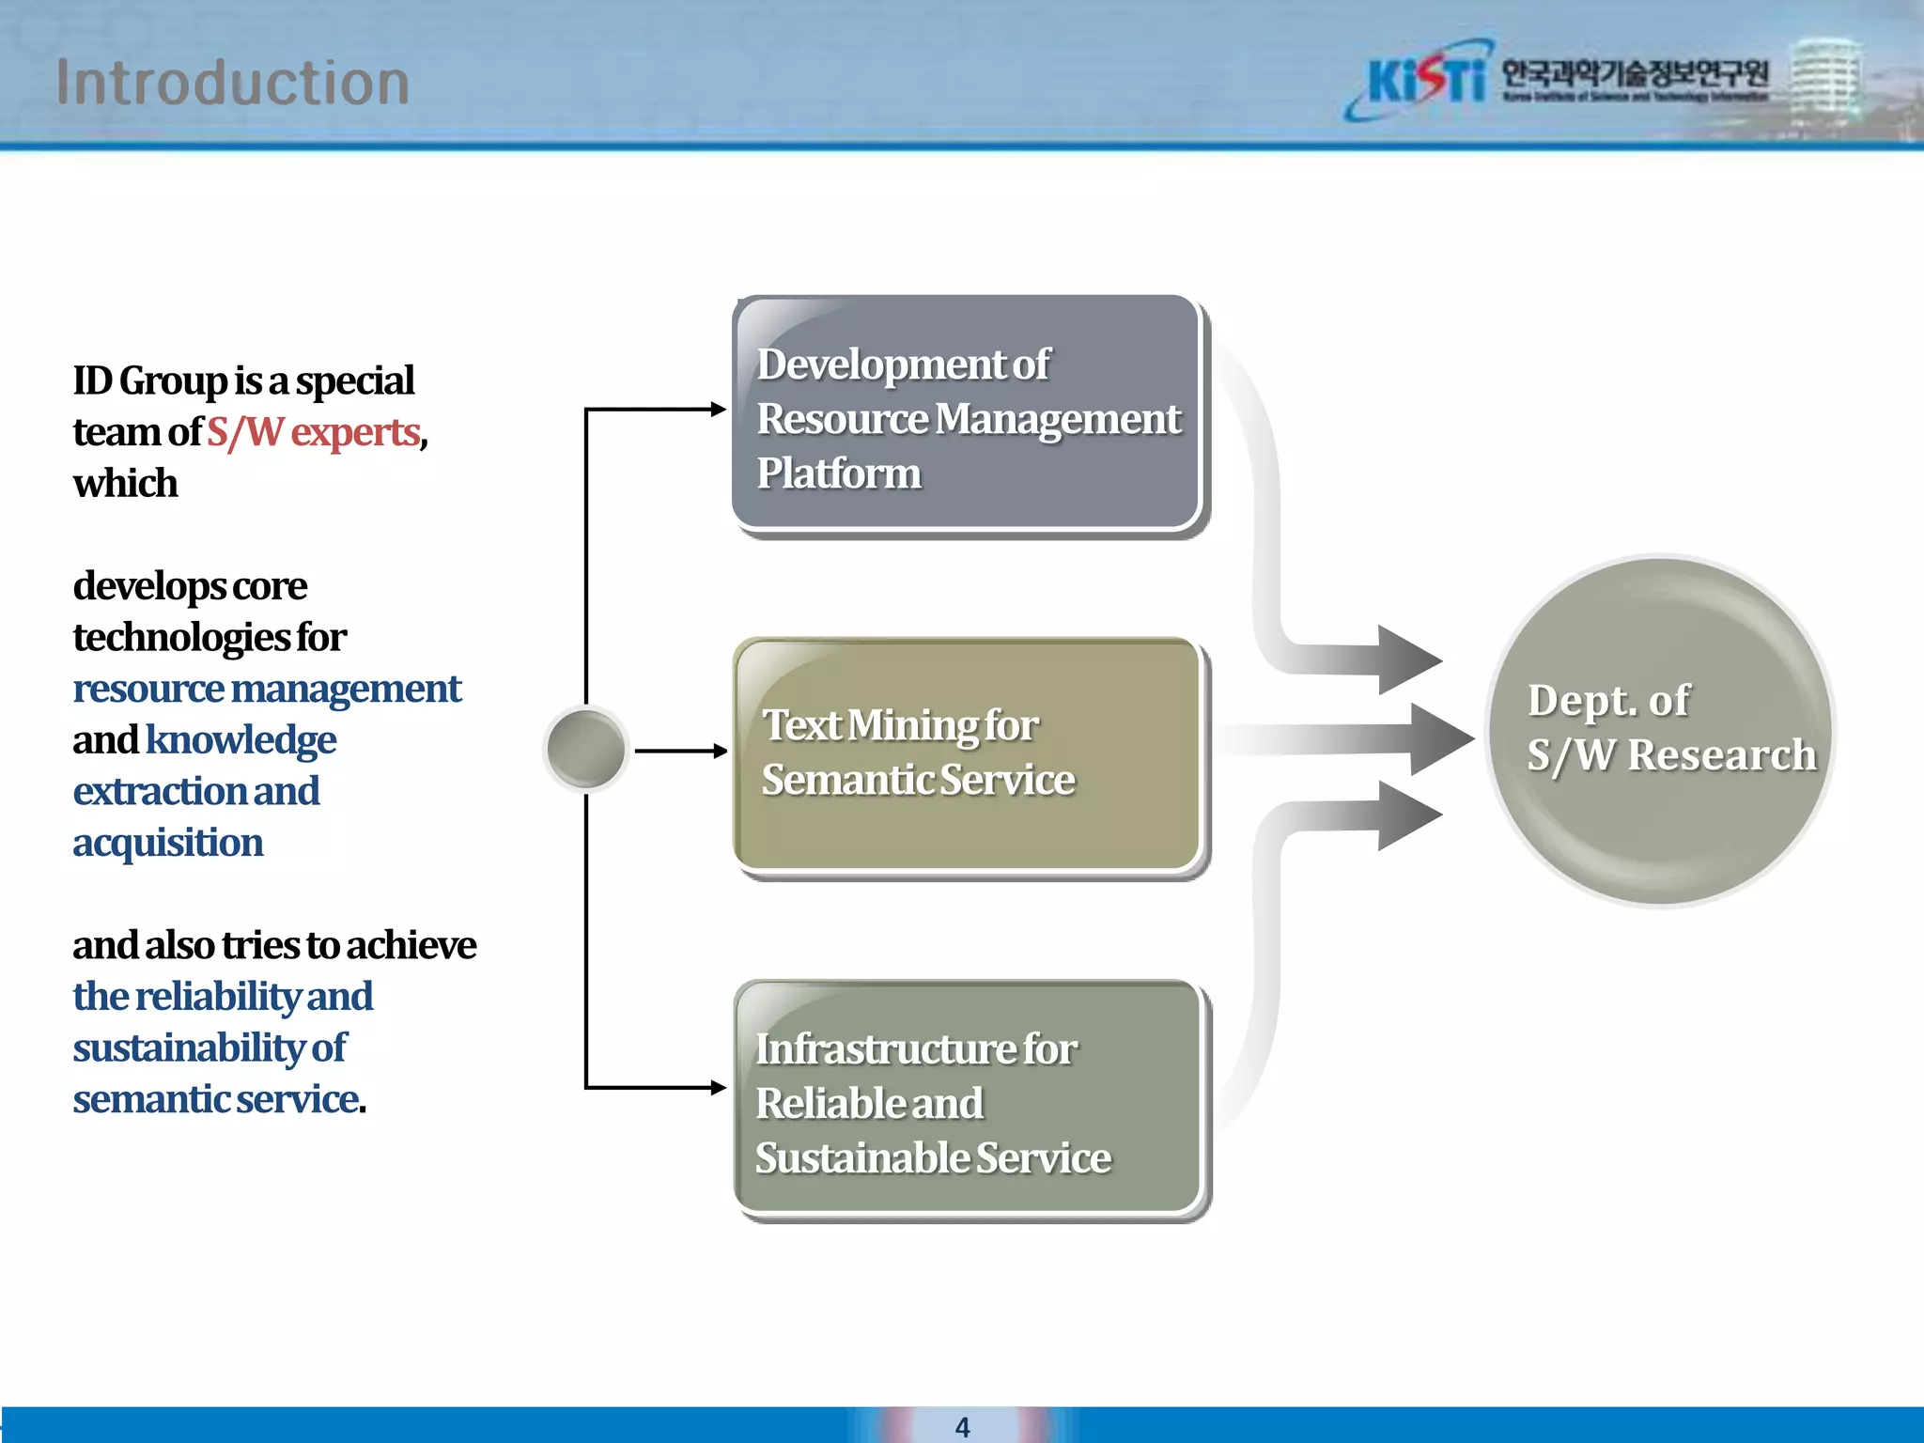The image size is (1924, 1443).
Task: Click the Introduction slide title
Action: [x=232, y=83]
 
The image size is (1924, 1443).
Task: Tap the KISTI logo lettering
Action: [x=1425, y=80]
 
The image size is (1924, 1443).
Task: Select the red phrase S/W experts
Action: [x=313, y=432]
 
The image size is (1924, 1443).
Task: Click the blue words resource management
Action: [x=267, y=689]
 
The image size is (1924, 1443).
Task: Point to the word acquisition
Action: [x=168, y=843]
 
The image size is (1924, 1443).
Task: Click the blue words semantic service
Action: [x=217, y=1099]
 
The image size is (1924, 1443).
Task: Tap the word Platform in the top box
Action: [x=839, y=473]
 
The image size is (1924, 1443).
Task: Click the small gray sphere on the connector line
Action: [x=586, y=750]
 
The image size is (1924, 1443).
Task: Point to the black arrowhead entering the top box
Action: [x=719, y=409]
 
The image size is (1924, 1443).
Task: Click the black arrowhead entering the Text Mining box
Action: [x=720, y=751]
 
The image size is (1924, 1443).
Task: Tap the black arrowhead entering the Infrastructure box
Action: [x=719, y=1087]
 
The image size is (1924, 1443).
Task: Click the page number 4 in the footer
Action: [x=962, y=1427]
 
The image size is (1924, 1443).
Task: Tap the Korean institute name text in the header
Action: [x=1635, y=73]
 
